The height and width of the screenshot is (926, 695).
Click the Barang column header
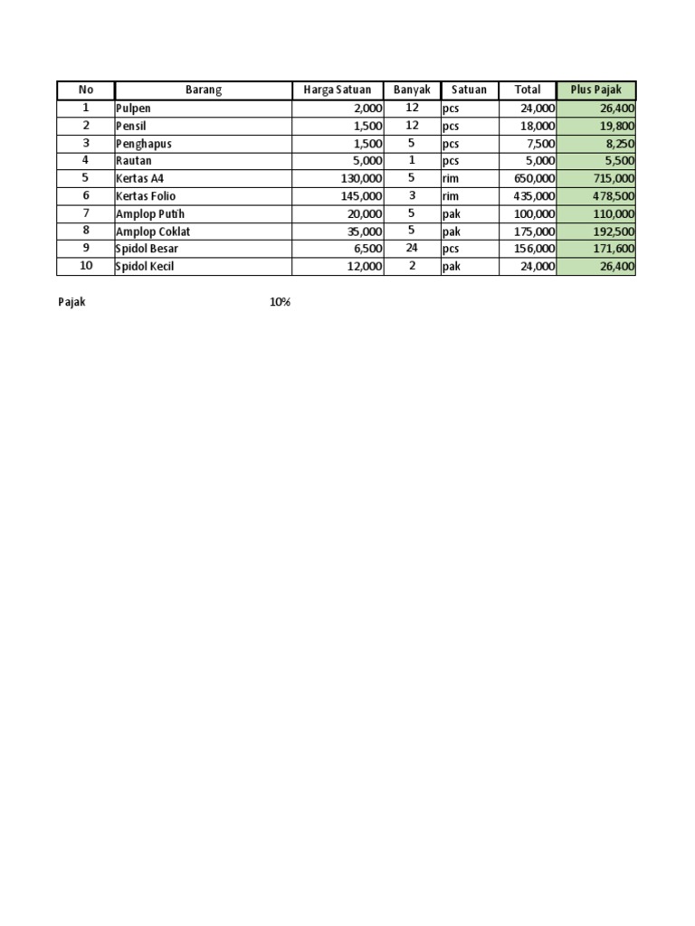coord(204,90)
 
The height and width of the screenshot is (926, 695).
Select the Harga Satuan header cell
coord(337,90)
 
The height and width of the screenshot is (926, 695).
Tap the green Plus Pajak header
coord(595,90)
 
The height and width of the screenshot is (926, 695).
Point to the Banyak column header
coord(412,90)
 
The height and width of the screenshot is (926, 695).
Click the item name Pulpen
coord(134,109)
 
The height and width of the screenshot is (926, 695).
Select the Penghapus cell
coord(143,144)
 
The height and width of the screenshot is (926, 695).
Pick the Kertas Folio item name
coord(147,196)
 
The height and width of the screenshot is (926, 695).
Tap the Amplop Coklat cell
coord(152,231)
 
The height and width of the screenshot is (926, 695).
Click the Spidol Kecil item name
coord(146,267)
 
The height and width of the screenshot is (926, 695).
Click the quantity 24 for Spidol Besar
coord(412,249)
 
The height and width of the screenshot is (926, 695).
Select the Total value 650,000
coord(528,179)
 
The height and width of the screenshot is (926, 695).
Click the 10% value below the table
coord(280,303)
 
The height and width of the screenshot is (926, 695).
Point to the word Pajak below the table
coord(71,303)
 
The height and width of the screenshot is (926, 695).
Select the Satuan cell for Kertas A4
coord(451,179)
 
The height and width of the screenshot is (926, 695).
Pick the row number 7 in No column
coord(86,213)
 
